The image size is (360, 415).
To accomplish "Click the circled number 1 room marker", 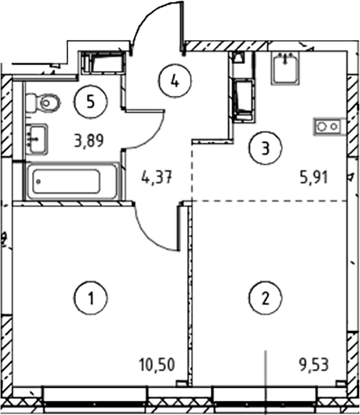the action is (90, 298).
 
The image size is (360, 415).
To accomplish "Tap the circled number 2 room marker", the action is (265, 298).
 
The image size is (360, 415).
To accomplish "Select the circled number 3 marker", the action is (265, 147).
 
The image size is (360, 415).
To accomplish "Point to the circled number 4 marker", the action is (175, 81).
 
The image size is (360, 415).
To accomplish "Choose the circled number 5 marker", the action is (91, 102).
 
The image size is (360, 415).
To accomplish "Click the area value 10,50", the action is (157, 364).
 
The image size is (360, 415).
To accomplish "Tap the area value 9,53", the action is (313, 364).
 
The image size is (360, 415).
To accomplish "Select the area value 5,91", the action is (313, 177).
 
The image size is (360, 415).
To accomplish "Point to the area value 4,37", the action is (157, 177).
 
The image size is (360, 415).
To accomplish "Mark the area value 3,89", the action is (89, 140).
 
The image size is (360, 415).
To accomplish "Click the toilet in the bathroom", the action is (43, 102).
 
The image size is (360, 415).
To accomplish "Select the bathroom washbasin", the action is (38, 139).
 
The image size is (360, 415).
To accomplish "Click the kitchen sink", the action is (285, 67).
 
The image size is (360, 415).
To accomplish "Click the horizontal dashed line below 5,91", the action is (269, 201).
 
